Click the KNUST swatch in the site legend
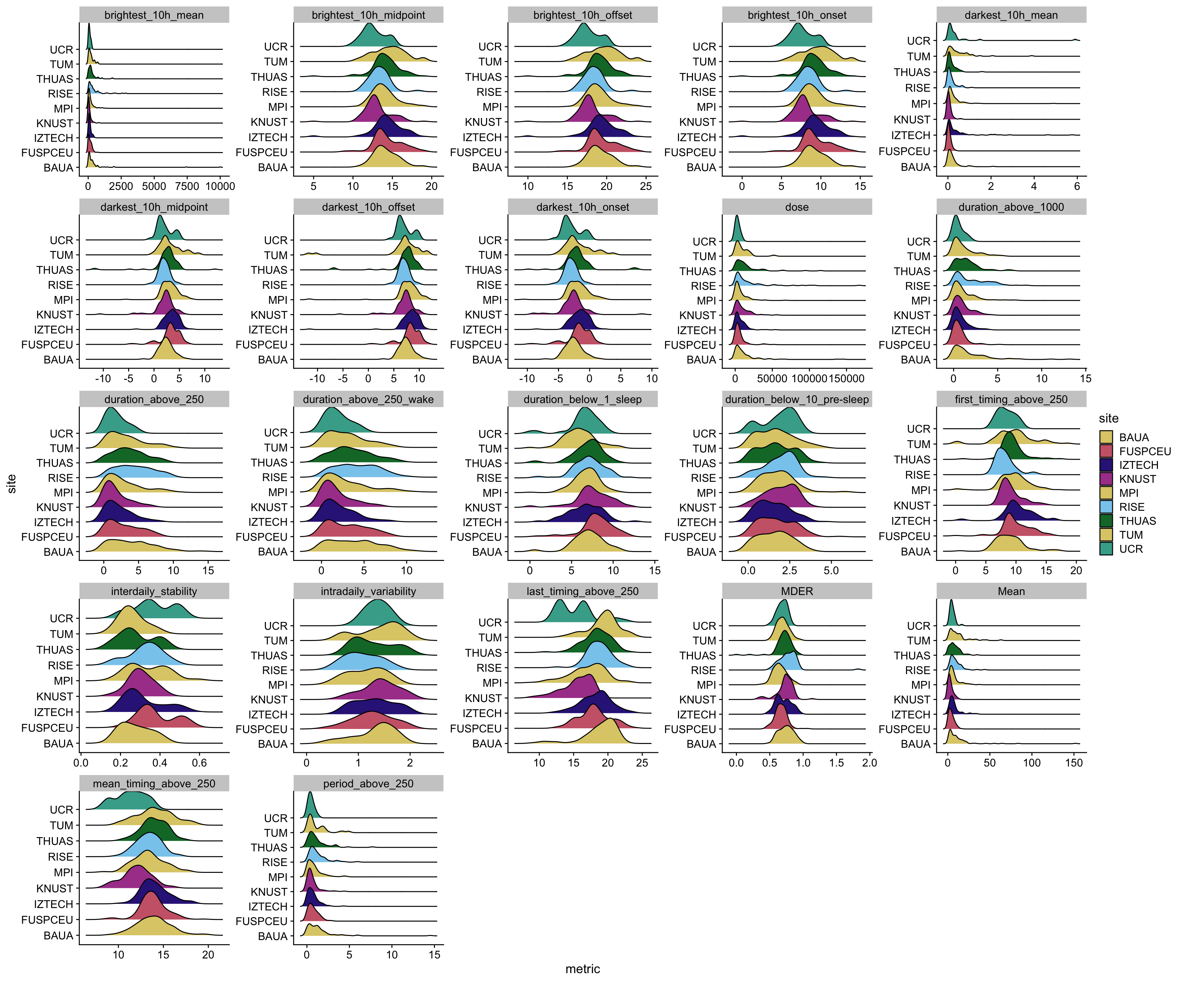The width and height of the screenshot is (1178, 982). (x=1106, y=479)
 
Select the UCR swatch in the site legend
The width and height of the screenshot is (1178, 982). (x=1106, y=549)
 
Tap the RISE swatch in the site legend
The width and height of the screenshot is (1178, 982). (x=1106, y=507)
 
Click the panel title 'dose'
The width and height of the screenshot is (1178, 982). (x=797, y=207)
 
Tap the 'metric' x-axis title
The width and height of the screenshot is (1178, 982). (x=582, y=969)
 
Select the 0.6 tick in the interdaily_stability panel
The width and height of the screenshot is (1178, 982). (x=199, y=763)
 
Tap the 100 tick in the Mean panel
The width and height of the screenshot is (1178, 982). (x=1031, y=763)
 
